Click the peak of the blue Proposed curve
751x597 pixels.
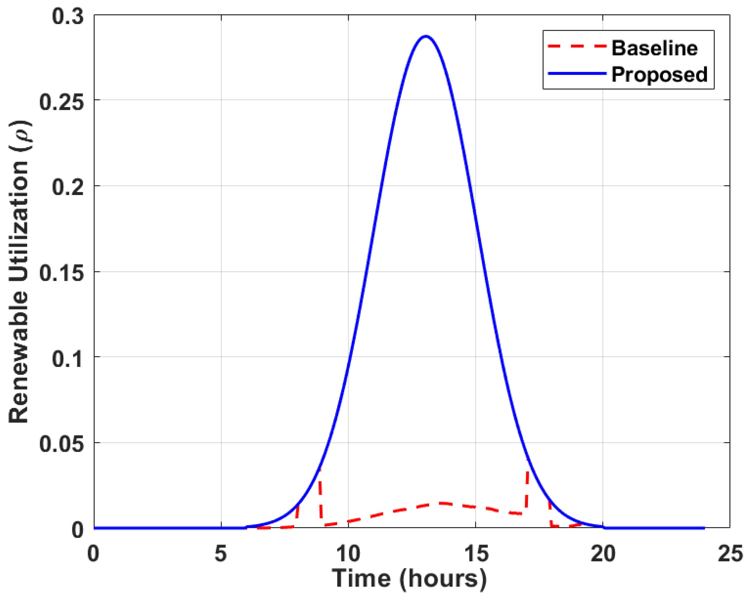coord(425,36)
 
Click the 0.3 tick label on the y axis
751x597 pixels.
coord(68,16)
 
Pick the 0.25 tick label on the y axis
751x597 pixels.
coord(62,102)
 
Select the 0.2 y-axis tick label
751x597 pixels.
coord(68,187)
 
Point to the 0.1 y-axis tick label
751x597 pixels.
coord(68,358)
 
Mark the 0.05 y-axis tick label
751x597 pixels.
coord(62,444)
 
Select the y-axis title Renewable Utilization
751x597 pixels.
coord(19,271)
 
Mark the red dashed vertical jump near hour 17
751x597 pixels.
coord(527,487)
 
